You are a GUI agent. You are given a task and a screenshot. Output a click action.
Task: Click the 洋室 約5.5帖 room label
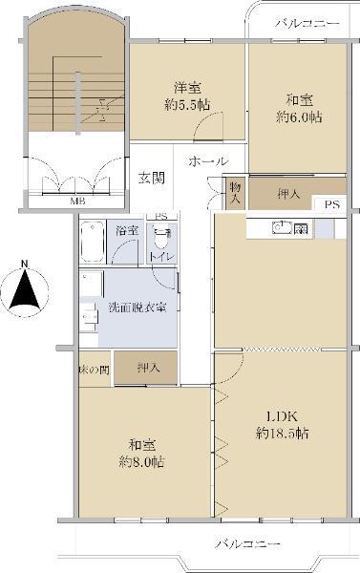(x=187, y=96)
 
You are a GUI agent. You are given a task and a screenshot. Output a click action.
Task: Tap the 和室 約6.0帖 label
(x=299, y=109)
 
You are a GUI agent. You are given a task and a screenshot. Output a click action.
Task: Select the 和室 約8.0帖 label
(x=141, y=454)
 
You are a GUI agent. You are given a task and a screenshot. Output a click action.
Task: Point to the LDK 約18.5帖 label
(x=282, y=425)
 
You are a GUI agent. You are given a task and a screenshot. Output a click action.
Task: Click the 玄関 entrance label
(x=151, y=178)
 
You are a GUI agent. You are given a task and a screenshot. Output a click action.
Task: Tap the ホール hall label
(x=209, y=161)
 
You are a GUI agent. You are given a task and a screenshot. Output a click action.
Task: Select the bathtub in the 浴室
(x=92, y=242)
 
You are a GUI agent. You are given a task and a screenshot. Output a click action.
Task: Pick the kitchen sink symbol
(x=282, y=228)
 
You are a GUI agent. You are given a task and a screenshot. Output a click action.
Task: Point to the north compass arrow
(x=25, y=289)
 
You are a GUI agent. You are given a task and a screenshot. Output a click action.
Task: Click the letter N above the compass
(x=25, y=264)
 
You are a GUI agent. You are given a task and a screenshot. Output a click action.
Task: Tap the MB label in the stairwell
(x=77, y=201)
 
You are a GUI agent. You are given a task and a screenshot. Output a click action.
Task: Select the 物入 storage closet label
(x=235, y=193)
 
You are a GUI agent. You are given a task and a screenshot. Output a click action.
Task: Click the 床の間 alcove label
(x=94, y=370)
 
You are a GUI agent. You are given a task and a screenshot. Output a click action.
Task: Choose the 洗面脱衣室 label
(x=138, y=308)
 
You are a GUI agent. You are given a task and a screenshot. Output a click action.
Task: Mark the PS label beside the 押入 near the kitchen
(x=332, y=204)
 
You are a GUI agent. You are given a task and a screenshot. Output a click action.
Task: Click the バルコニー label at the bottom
(x=248, y=544)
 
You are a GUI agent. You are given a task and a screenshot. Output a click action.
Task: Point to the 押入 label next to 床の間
(x=148, y=368)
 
